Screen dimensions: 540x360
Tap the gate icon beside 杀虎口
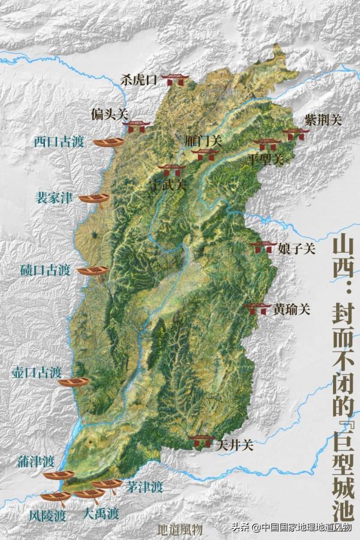pyautogui.click(x=176, y=79)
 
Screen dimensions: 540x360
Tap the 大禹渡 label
pyautogui.click(x=101, y=514)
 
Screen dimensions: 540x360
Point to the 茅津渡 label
pyautogui.click(x=145, y=486)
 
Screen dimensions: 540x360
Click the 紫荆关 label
pyautogui.click(x=322, y=120)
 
